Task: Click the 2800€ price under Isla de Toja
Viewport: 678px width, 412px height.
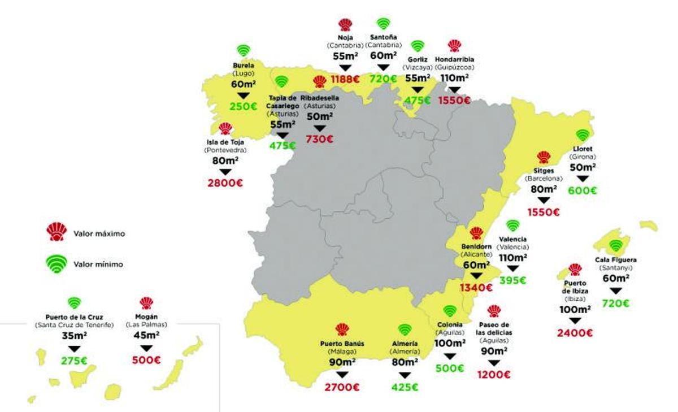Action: [225, 183]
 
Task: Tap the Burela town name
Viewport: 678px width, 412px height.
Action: [244, 65]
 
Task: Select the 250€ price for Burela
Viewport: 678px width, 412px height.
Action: [244, 106]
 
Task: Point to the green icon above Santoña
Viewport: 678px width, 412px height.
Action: [384, 24]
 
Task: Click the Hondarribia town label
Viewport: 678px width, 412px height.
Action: [455, 59]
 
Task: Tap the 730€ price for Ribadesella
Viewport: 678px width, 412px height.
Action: [320, 139]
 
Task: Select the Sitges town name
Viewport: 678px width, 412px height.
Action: [544, 170]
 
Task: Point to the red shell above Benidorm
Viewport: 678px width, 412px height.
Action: [476, 233]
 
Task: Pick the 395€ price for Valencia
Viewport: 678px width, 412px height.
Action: [512, 280]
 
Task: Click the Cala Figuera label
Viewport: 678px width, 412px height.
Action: [616, 260]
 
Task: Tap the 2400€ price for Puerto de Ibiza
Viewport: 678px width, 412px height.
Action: [575, 333]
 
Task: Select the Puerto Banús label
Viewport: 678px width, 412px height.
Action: [342, 343]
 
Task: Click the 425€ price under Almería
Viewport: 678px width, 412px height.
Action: [405, 387]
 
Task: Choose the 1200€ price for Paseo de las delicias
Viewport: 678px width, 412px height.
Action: [494, 374]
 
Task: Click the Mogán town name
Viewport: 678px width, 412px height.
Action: [146, 316]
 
